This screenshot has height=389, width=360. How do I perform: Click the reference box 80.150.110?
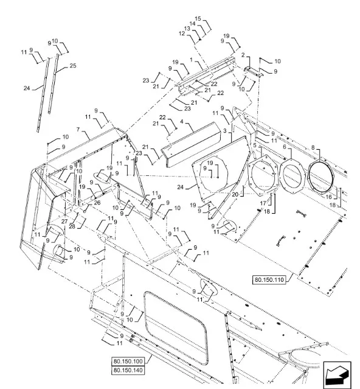click(x=269, y=279)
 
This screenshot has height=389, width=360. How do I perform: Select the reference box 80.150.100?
click(x=128, y=361)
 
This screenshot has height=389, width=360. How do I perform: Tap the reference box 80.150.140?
click(x=128, y=370)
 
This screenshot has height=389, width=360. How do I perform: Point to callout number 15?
click(x=198, y=19)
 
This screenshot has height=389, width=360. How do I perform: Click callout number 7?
click(x=78, y=130)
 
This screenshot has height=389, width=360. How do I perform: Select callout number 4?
click(x=182, y=122)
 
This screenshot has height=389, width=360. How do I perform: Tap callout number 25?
click(x=73, y=66)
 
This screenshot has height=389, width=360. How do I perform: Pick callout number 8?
click(x=313, y=147)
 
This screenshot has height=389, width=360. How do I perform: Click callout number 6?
click(x=285, y=147)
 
